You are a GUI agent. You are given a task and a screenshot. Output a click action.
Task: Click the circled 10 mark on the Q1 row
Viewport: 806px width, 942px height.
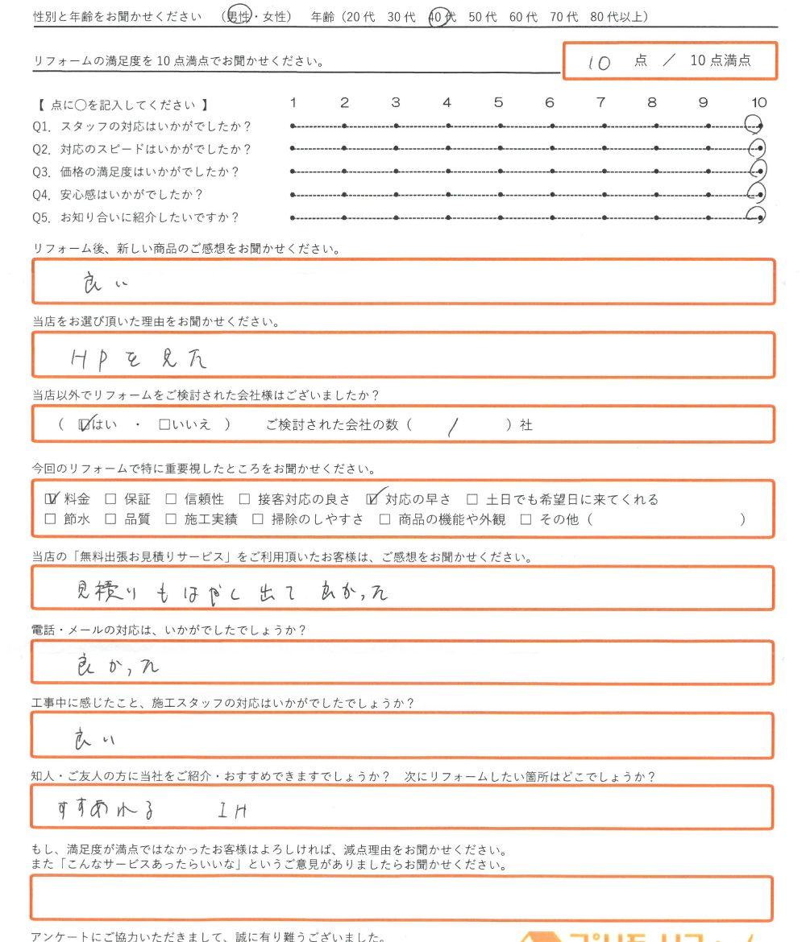click(755, 125)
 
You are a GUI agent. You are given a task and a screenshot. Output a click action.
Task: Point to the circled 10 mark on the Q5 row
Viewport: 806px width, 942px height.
click(756, 217)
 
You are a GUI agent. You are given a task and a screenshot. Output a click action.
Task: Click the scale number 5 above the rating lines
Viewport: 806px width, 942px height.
click(498, 103)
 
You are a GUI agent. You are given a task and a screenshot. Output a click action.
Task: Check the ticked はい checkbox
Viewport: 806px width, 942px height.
click(85, 424)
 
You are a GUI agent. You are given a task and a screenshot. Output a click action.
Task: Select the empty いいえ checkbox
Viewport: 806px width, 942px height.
click(164, 425)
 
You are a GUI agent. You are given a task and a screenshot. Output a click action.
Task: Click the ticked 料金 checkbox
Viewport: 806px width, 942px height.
click(52, 498)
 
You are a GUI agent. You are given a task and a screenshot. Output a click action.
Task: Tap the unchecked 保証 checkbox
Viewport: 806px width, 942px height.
click(111, 499)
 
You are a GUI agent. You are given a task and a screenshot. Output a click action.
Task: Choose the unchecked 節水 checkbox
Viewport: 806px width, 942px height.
click(51, 519)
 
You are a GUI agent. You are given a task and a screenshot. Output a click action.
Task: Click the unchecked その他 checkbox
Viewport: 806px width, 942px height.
click(526, 519)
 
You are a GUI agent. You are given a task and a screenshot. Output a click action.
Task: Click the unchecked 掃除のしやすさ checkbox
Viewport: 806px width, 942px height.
click(258, 519)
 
